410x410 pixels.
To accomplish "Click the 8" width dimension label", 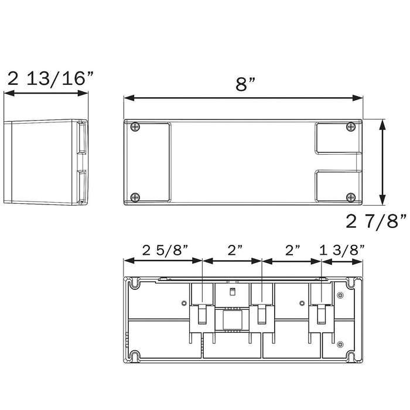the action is (245, 84).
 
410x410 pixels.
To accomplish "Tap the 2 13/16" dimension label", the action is (50, 78).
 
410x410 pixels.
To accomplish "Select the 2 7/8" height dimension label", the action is (376, 221).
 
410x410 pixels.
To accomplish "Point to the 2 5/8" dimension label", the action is (165, 250).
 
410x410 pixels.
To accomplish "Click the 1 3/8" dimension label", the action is (342, 250).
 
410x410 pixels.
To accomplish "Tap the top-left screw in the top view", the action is (135, 127).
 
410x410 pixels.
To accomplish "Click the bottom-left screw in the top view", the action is (135, 197).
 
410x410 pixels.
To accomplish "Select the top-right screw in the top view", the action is (351, 127).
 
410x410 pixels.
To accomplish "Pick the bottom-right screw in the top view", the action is (351, 197).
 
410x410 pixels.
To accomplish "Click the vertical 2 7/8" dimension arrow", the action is (382, 162).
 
